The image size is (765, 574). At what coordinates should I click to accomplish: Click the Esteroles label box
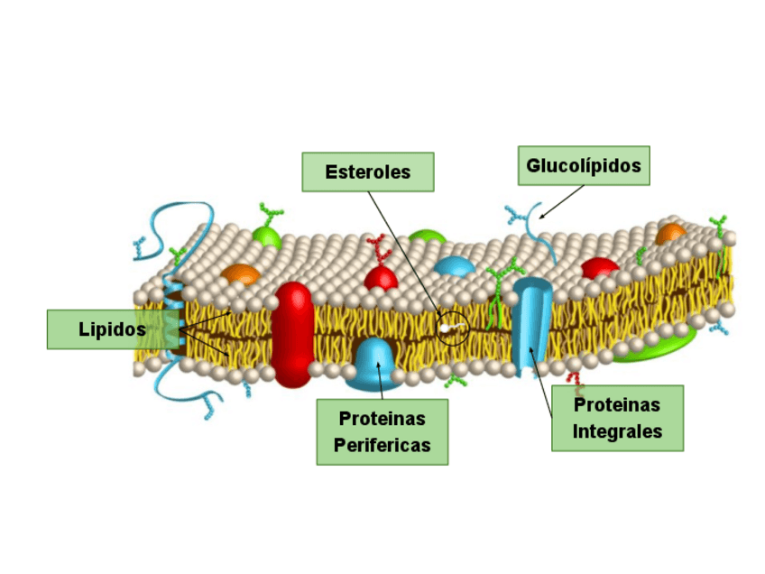367,171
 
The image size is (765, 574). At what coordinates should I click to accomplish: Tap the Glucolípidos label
584,166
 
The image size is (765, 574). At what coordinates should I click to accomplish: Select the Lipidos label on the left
112,329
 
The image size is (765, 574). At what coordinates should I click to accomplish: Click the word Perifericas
382,445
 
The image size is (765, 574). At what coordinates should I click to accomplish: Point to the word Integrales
617,431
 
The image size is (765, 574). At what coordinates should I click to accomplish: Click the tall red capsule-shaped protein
292,334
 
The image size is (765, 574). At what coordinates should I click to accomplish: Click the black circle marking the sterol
452,327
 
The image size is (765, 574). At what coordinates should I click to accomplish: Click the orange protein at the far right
670,234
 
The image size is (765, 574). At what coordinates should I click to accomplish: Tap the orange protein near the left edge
239,273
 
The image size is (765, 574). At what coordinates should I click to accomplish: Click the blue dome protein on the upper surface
455,265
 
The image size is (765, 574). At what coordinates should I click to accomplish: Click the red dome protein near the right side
600,268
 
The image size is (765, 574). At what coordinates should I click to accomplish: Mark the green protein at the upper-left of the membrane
266,236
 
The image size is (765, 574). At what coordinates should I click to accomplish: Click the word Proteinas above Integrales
617,405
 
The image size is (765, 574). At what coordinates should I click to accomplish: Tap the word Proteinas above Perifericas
382,419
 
